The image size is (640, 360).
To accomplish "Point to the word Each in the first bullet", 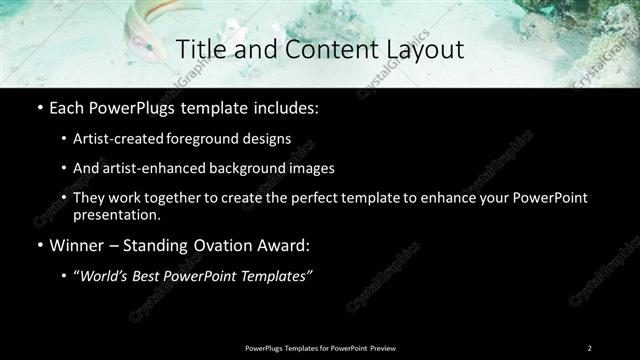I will [67, 108].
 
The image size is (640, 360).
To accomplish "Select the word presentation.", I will [116, 214].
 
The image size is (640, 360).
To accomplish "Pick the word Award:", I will [289, 244].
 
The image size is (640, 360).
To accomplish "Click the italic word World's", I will [105, 275].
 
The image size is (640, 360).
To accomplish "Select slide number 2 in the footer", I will [589, 347].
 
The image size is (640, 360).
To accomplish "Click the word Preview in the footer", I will [383, 347].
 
